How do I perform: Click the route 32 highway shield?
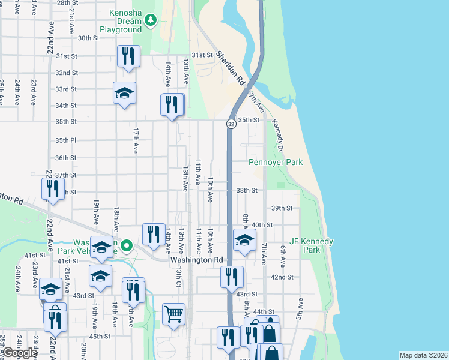(x=231, y=124)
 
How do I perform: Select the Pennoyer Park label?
(x=276, y=163)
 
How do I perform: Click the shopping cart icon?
(x=173, y=314)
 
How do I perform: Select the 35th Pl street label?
(x=65, y=140)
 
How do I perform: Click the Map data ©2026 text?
(x=423, y=355)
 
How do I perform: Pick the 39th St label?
(x=281, y=208)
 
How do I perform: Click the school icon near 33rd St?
(x=124, y=93)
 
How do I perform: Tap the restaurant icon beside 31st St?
(x=128, y=56)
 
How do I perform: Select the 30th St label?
(x=88, y=38)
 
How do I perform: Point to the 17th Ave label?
(x=136, y=139)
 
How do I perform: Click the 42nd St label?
(x=282, y=277)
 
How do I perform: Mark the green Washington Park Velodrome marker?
(x=127, y=245)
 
